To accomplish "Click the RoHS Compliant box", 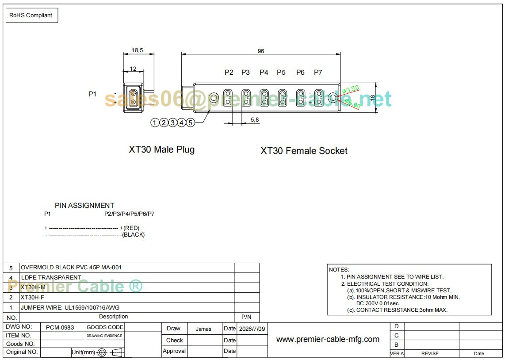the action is pyautogui.click(x=32, y=15).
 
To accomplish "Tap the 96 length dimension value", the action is pyautogui.click(x=261, y=51).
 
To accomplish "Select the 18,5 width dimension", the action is pyautogui.click(x=137, y=50).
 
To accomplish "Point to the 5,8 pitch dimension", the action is pyautogui.click(x=254, y=120).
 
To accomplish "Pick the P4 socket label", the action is pyautogui.click(x=264, y=73).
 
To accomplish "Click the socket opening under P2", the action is pyautogui.click(x=228, y=97).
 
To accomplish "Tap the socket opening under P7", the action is pyautogui.click(x=318, y=97).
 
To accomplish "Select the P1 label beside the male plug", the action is pyautogui.click(x=92, y=94).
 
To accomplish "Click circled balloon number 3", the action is pyautogui.click(x=172, y=123).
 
